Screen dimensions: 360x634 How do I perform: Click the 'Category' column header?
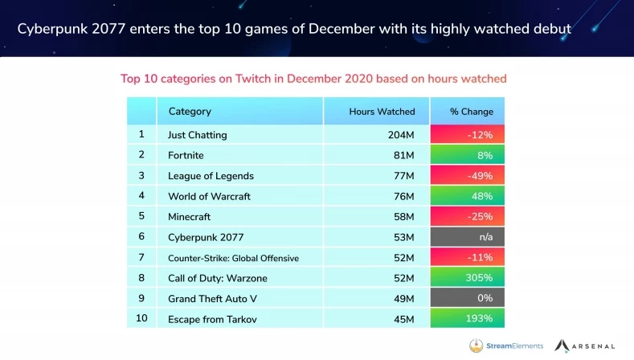[x=190, y=112]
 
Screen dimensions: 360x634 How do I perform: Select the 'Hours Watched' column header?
[x=382, y=112]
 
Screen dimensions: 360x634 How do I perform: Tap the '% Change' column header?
[x=472, y=112]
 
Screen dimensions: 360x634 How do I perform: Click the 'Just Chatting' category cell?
[x=197, y=134]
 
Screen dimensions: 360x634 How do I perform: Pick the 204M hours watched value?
[x=401, y=134]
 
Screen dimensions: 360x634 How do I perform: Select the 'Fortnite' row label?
[x=186, y=155]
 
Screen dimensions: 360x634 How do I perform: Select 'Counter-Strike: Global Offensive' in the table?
[x=233, y=257]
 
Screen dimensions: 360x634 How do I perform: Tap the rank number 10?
[x=141, y=317]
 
